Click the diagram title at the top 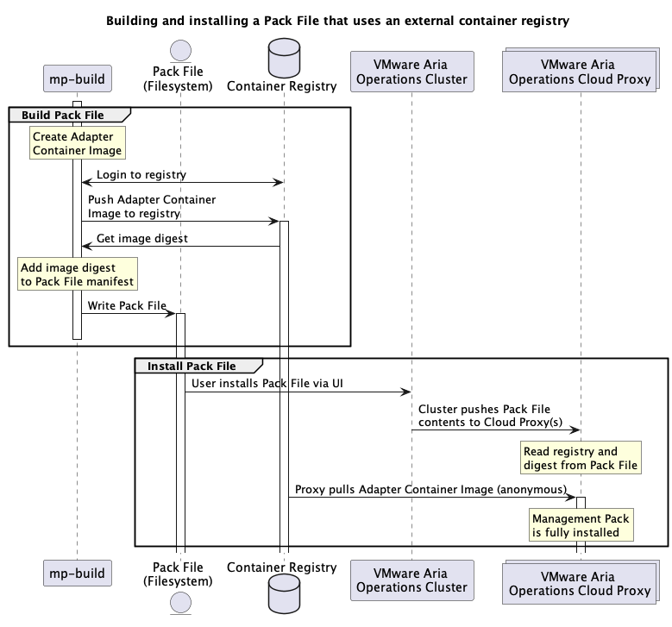point(337,20)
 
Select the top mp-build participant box point(77,79)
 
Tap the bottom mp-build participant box point(77,574)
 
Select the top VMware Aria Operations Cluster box point(411,72)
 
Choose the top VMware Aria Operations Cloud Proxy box point(579,72)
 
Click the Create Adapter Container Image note point(77,143)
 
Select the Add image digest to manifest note point(78,275)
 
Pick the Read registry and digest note point(581,458)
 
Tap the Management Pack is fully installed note point(581,526)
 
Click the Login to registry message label point(141,175)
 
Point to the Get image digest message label point(141,239)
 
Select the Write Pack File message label point(127,305)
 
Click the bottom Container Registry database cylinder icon point(281,595)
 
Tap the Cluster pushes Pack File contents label point(485,416)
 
